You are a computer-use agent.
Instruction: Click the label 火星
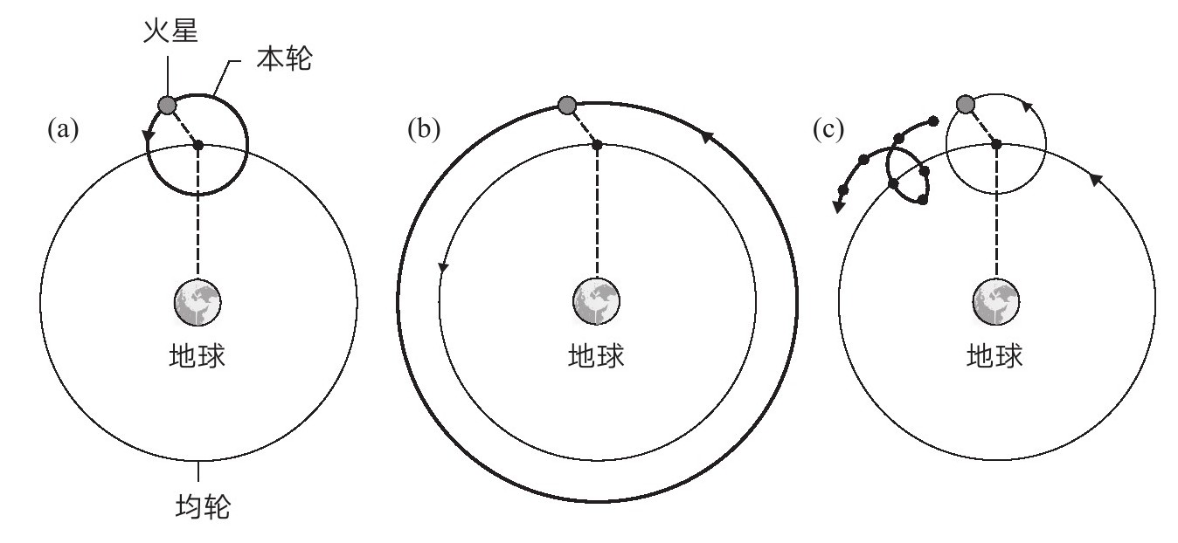(171, 31)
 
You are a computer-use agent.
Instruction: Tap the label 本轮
(285, 58)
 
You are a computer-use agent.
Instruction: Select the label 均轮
(203, 506)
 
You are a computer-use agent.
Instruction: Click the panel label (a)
(63, 129)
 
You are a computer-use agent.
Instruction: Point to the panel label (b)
(424, 129)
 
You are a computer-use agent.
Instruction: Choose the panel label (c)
(828, 129)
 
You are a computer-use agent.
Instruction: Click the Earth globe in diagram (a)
(197, 302)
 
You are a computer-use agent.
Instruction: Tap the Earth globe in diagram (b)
(596, 302)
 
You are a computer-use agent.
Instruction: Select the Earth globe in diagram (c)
(996, 302)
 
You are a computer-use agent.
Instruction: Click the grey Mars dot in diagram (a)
(167, 105)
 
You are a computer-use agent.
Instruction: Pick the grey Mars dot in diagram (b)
(567, 105)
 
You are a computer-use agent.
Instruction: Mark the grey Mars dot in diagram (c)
(966, 104)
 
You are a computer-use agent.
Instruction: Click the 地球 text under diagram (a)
(197, 356)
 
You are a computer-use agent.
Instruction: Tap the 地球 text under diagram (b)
(596, 356)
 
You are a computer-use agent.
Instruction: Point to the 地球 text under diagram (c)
(995, 356)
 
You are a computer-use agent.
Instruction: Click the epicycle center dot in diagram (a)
(198, 145)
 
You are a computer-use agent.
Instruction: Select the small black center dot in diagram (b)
(597, 145)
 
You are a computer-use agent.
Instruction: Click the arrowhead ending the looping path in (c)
(839, 206)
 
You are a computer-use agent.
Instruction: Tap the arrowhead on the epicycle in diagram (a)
(149, 135)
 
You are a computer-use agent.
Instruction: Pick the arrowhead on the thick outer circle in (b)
(708, 138)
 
